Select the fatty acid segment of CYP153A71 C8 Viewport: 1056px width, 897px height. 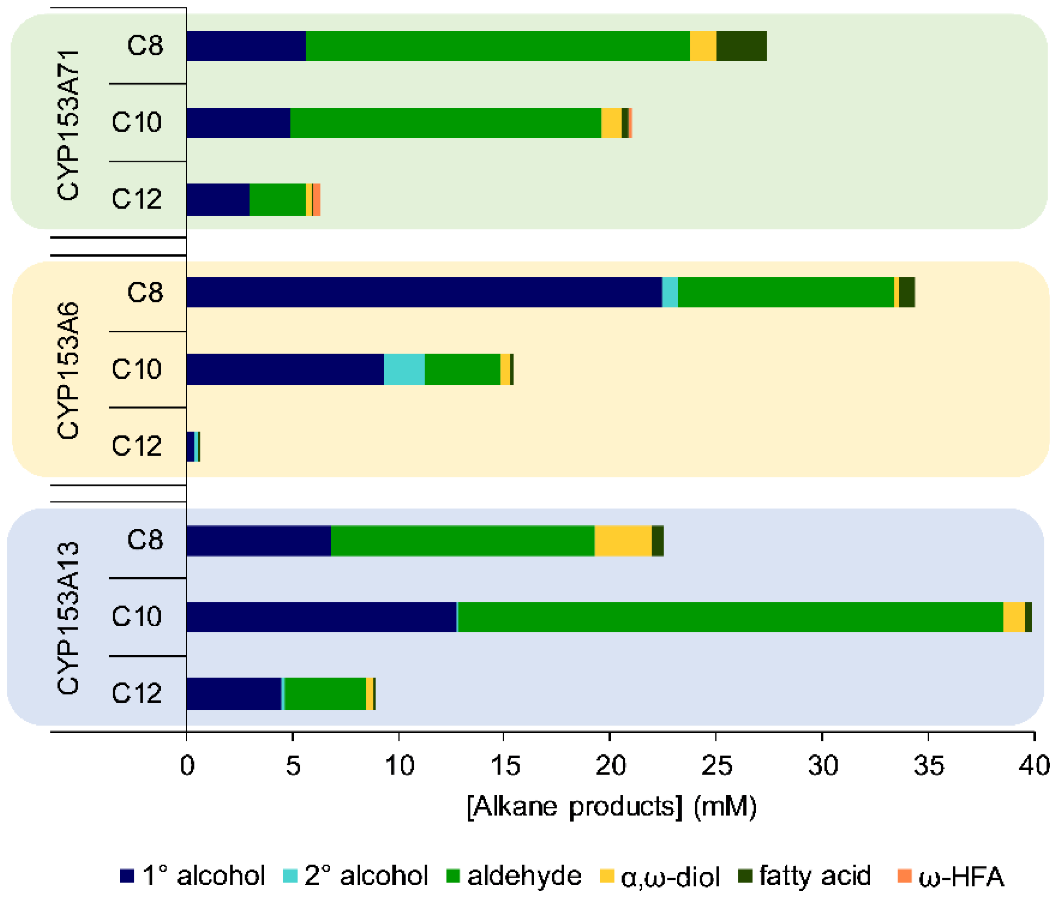tap(741, 46)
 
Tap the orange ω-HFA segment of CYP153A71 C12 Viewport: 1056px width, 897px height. tap(316, 200)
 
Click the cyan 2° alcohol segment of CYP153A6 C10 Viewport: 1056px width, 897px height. tap(404, 369)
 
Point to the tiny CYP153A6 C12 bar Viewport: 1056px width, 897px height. tap(193, 447)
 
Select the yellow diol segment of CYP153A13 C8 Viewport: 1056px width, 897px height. tap(623, 541)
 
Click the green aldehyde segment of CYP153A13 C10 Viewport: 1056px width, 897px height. tap(730, 617)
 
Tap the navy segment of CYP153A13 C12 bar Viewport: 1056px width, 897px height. tap(233, 694)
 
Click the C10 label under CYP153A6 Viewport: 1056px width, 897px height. tap(136, 369)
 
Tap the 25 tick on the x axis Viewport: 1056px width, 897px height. tap(716, 766)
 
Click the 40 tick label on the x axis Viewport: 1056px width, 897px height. tap(1034, 766)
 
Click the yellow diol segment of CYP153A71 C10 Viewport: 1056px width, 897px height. tap(611, 122)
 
